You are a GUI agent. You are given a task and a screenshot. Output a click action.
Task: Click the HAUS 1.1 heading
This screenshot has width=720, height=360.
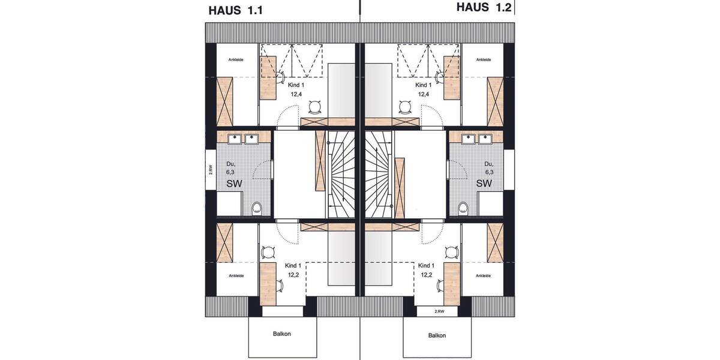click(236, 10)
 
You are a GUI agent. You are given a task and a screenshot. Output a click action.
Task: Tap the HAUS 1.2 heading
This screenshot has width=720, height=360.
click(484, 7)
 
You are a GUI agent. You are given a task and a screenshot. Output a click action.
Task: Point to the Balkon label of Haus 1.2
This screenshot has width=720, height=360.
click(436, 335)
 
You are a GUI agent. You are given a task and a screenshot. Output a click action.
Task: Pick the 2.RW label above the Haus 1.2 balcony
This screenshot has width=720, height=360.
click(439, 312)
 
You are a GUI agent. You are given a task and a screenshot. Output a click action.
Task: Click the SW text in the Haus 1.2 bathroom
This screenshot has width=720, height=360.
click(484, 183)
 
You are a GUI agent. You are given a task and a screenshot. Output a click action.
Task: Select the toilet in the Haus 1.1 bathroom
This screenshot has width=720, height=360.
click(257, 208)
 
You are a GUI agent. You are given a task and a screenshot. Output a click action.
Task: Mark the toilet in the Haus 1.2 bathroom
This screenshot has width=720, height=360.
click(463, 208)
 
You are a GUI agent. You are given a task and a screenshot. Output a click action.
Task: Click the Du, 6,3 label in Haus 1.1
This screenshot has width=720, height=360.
click(230, 167)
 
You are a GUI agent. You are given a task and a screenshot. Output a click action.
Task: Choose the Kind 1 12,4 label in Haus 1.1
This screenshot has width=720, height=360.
click(294, 89)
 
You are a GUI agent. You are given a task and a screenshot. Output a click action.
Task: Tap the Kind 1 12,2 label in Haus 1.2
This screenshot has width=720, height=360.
click(425, 270)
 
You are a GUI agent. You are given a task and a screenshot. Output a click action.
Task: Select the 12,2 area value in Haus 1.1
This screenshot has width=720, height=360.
click(293, 275)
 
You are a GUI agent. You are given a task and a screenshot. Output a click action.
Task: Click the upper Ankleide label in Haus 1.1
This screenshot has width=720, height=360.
click(236, 60)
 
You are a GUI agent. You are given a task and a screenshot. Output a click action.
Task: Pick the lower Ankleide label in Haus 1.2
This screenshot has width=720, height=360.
click(483, 276)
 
